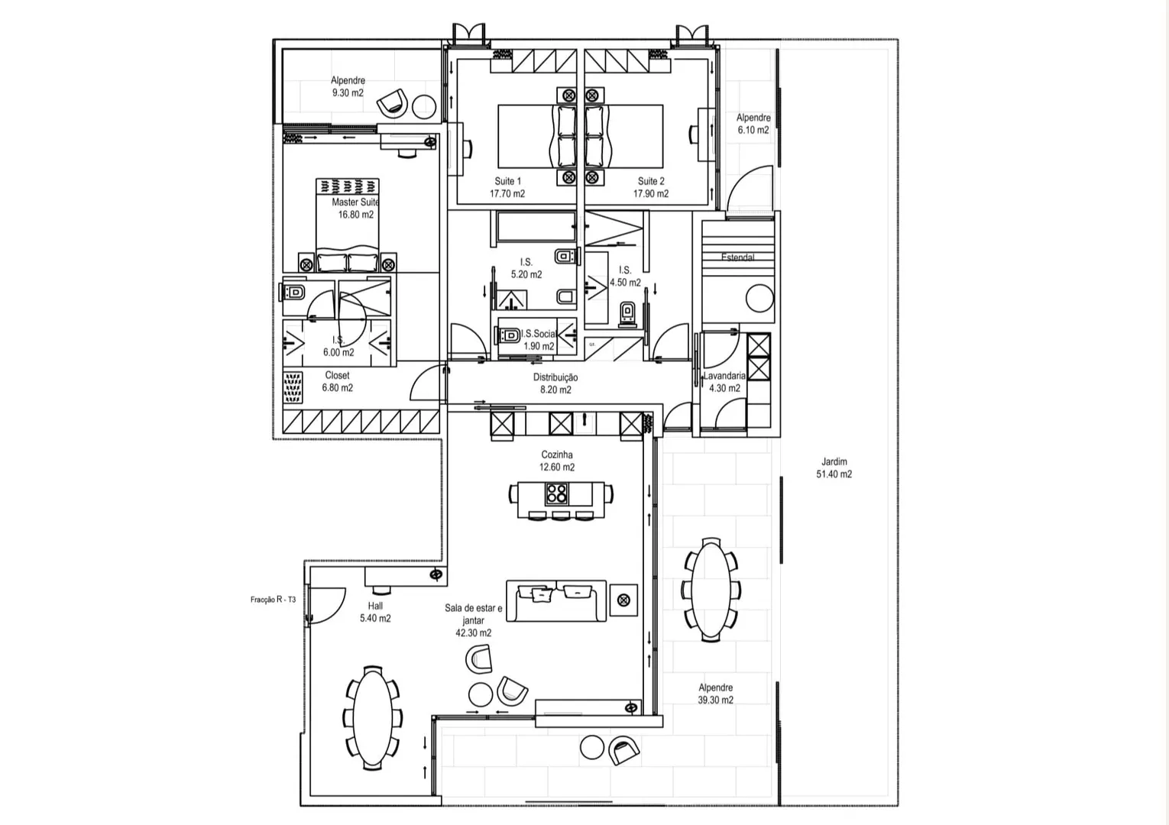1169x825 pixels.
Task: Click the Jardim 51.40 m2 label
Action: coord(834,468)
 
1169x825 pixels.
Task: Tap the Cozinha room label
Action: coord(557,455)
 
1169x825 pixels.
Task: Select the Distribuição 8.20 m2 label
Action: coord(555,383)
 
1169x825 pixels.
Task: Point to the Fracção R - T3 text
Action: coord(273,600)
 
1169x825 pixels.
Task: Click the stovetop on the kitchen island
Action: coord(555,493)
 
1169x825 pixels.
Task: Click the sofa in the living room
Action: coord(556,600)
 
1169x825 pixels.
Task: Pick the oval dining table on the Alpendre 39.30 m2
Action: coord(711,590)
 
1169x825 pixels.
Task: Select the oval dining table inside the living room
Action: coord(373,718)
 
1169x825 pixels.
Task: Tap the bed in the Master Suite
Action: coord(347,225)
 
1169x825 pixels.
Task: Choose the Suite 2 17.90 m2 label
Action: coord(651,187)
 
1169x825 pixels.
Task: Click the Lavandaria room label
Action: coord(724,376)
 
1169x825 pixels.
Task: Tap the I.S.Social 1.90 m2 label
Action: coord(539,340)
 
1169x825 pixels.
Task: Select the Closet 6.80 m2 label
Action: coord(337,381)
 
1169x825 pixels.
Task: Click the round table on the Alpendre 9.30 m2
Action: coord(424,107)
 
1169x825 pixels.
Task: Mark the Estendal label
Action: coord(737,257)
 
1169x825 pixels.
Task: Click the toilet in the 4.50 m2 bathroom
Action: coord(627,314)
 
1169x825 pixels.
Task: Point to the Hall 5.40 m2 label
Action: coord(374,612)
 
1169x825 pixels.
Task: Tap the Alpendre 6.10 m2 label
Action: coord(753,124)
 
